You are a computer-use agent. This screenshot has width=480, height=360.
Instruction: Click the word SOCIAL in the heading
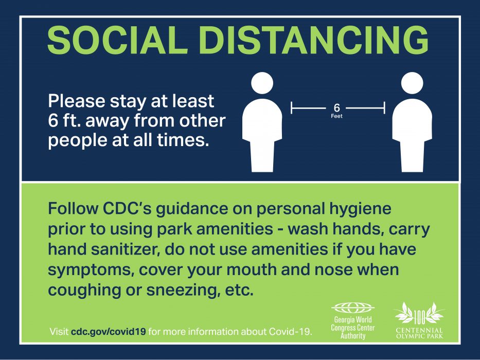[x=117, y=40]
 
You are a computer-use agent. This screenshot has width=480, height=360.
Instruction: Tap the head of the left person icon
[x=262, y=83]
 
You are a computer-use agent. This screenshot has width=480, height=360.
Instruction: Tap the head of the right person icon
[x=412, y=83]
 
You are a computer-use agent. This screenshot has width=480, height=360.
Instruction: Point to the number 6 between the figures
[x=337, y=107]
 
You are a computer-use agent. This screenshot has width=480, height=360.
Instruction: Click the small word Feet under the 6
[x=337, y=116]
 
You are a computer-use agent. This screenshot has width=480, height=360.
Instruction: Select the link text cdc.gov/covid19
[x=109, y=332]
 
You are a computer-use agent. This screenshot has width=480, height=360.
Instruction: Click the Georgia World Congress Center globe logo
[x=353, y=308]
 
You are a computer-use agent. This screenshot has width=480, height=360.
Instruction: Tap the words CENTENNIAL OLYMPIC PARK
[x=419, y=333]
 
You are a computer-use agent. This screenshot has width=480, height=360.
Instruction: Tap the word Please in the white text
[x=77, y=101]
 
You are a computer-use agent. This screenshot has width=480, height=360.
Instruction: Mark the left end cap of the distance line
[x=291, y=108]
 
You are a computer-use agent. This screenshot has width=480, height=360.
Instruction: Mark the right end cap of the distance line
[x=384, y=108]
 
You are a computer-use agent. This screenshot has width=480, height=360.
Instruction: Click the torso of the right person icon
[x=412, y=121]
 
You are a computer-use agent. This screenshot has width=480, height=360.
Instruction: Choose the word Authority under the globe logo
[x=353, y=336]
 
